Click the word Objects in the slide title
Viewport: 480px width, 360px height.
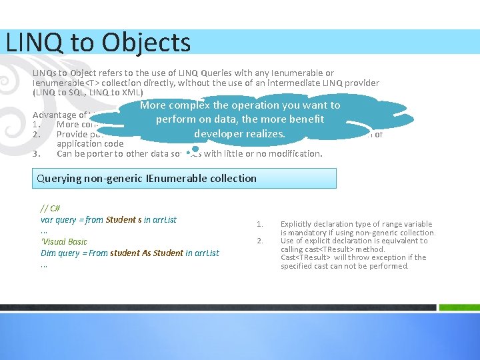point(147,43)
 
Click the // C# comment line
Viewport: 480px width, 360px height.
point(50,208)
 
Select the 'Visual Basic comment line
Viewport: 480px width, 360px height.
point(64,241)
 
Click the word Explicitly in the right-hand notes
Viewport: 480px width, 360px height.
point(299,224)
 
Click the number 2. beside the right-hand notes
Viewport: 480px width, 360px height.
point(261,241)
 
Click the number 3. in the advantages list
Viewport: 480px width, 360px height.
point(37,153)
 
